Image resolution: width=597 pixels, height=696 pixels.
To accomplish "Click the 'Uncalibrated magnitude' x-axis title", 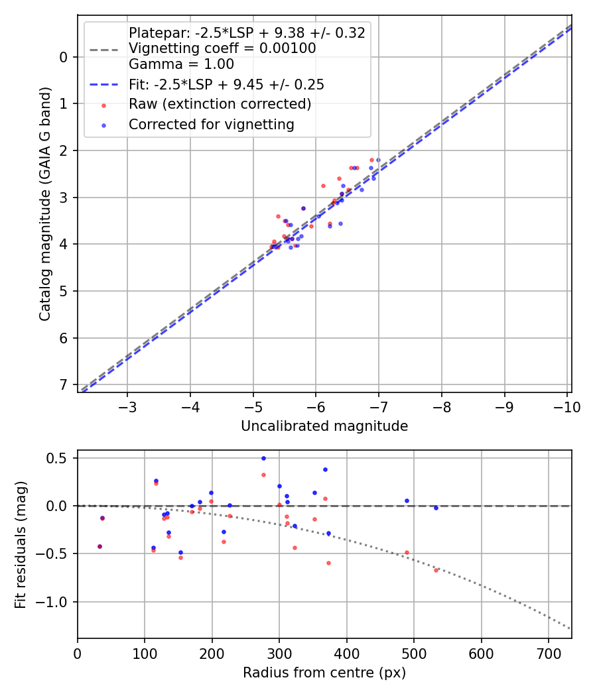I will click(324, 426).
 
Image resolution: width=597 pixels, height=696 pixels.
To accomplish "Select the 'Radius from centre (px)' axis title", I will click(324, 673).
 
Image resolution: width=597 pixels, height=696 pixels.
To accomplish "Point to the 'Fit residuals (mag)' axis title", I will click(21, 544).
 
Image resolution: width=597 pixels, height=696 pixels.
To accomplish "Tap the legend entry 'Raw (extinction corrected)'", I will click(220, 104).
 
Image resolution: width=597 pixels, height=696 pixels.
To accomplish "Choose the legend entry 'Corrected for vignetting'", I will click(211, 124).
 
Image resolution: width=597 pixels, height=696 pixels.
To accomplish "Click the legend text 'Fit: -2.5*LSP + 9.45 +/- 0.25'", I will click(226, 85).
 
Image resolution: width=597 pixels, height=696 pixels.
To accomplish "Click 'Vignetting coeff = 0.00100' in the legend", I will click(222, 48).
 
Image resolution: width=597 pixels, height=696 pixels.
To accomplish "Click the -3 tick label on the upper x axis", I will click(127, 406).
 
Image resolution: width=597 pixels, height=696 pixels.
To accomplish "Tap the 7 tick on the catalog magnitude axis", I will click(64, 385).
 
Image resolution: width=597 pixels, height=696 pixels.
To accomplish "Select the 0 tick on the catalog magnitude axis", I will click(64, 57).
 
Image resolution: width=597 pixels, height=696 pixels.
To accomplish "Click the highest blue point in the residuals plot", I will click(263, 458).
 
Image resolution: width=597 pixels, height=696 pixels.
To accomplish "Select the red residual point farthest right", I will click(436, 570).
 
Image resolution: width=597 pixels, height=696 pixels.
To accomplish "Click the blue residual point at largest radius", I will click(436, 508).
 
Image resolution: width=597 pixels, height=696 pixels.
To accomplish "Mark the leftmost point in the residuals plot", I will click(99, 546).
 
